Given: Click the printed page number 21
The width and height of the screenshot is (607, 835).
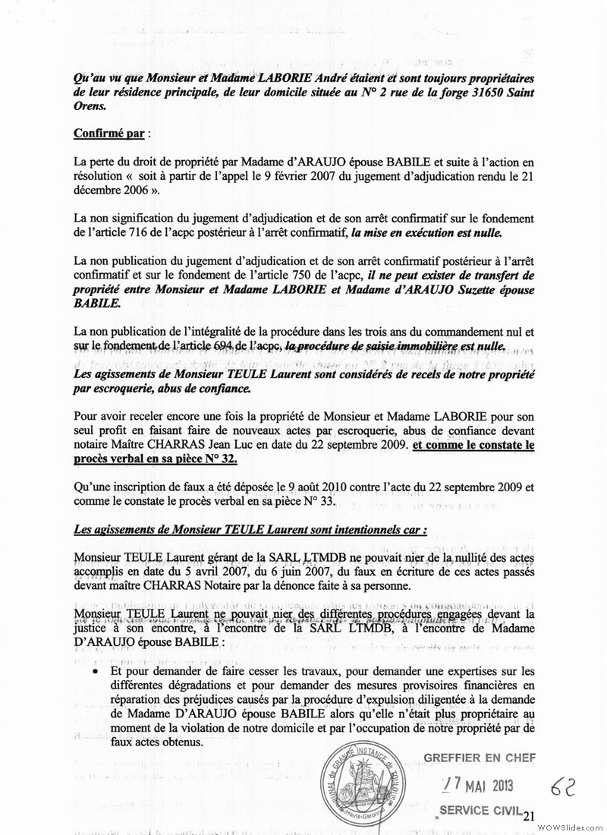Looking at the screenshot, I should click(528, 815).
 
